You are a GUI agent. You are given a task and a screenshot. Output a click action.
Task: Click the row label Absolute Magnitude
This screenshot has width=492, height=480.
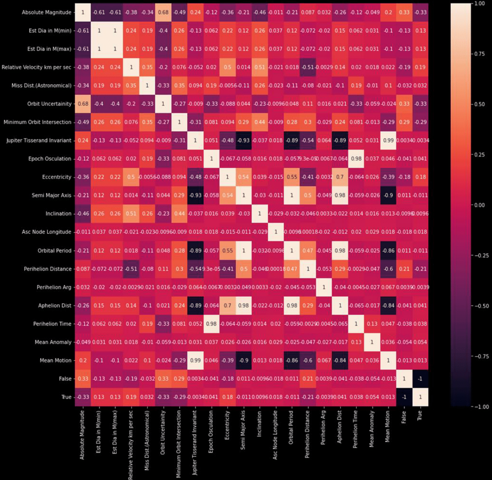coord(47,12)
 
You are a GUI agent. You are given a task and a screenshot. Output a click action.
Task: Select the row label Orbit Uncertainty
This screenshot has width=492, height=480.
coord(49,104)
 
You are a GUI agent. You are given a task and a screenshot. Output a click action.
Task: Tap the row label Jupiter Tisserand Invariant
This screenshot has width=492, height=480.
coord(39,140)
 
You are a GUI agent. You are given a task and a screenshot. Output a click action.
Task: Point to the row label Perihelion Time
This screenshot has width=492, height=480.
coord(52,324)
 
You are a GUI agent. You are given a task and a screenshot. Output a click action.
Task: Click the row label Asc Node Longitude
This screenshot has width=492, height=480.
coord(47,232)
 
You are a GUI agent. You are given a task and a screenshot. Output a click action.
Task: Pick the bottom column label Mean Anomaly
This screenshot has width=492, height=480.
coord(372,428)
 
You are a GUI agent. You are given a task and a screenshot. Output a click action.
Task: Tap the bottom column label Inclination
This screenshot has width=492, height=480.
coord(259,423)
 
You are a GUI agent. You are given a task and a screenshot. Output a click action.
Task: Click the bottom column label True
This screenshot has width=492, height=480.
coord(420,415)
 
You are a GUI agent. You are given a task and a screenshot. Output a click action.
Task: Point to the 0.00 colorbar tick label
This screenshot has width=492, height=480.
coord(479,205)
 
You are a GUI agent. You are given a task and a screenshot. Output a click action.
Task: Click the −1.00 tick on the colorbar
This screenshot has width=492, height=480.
coord(479,407)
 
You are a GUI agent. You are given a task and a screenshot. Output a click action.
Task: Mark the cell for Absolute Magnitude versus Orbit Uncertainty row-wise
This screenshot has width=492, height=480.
coord(163,12)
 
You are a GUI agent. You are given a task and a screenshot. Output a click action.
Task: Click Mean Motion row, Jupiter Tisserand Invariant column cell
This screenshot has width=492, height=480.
coord(195,360)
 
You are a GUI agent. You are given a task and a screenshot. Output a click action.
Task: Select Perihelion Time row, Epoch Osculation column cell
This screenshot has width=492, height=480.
coord(211,324)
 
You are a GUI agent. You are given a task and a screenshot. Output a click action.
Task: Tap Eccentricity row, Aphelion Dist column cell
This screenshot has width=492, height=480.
coord(340,177)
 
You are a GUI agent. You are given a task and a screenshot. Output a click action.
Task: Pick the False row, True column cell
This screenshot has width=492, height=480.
coord(420,379)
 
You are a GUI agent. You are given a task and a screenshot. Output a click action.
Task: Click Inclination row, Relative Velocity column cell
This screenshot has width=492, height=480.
coord(131,214)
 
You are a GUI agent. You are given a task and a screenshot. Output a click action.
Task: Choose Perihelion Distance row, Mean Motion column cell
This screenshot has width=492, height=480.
coord(388,269)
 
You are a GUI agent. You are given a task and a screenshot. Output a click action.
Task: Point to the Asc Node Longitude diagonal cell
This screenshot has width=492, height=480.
coord(276,232)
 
